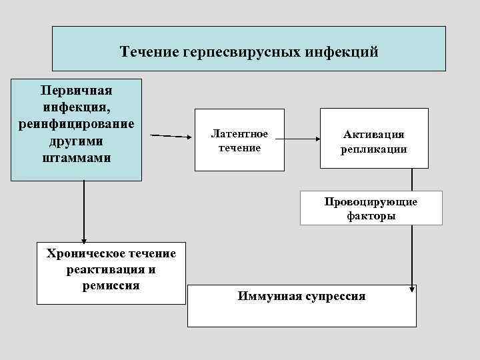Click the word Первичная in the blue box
pos(76,90)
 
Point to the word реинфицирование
pos(76,125)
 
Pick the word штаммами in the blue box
pos(76,159)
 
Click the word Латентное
pos(239,134)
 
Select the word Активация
pos(374,135)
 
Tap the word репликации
pos(374,150)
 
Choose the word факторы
pos(371,216)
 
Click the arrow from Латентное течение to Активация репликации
pos(297,139)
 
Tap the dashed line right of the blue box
pos(171,135)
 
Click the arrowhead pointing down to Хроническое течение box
pos(84,241)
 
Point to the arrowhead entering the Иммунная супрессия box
pos(413,289)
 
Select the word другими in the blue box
pos(76,141)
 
